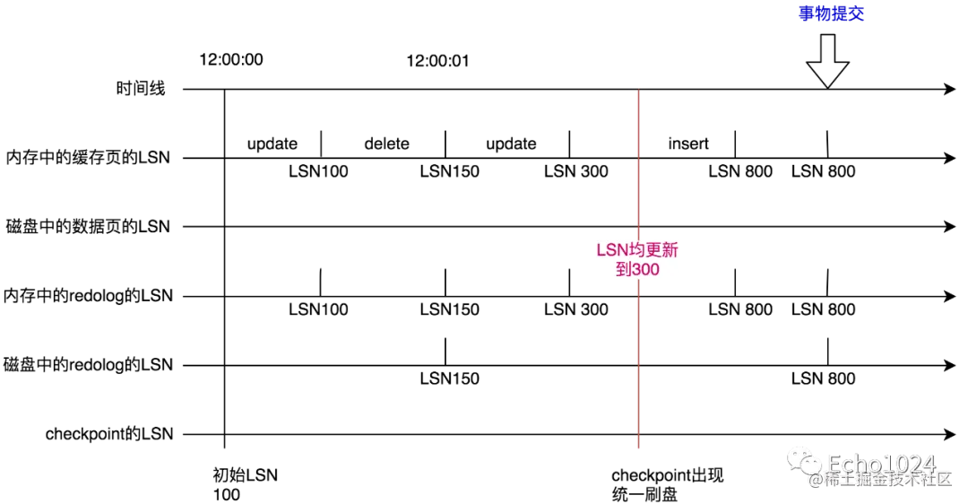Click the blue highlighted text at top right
831,12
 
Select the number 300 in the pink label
645,269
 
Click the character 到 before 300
623,269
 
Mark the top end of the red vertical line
637,89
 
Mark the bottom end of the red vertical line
637,449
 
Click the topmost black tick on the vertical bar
637,91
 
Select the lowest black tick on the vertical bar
637,435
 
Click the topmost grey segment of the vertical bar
637,125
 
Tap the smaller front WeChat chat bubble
811,465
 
